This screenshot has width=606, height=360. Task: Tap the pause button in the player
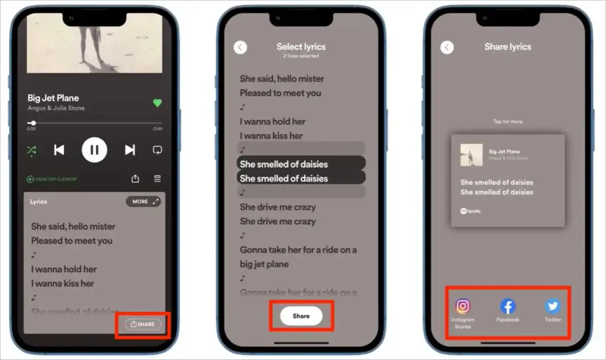click(94, 150)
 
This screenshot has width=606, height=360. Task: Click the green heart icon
click(157, 103)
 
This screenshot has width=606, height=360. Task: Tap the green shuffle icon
click(31, 150)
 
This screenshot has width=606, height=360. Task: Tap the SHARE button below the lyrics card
click(143, 324)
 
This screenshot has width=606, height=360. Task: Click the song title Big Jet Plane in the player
click(53, 98)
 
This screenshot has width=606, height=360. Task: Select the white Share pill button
click(301, 316)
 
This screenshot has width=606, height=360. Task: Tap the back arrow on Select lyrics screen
click(240, 47)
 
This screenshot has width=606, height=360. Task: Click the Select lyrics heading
click(301, 47)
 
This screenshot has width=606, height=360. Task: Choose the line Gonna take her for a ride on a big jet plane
click(298, 257)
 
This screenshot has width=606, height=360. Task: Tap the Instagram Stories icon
click(463, 306)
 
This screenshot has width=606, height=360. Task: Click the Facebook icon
click(508, 306)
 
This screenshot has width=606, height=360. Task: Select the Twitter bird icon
click(553, 306)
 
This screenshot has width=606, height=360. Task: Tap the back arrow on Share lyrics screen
click(447, 47)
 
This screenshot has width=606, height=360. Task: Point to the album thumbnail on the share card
click(471, 155)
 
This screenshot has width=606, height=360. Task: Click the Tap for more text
click(508, 122)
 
